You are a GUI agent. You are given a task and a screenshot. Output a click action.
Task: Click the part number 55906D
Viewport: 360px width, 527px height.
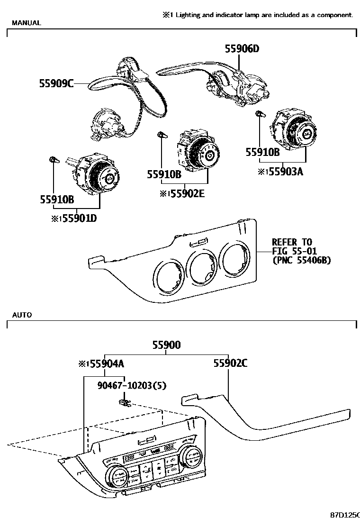242,49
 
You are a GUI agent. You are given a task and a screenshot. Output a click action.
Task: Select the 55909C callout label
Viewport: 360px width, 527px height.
56,84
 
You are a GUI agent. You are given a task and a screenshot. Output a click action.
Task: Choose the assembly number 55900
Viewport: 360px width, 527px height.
166,345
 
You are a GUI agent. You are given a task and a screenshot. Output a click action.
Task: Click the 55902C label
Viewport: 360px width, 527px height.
230,363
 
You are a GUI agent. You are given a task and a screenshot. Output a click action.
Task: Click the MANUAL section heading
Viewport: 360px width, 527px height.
26,23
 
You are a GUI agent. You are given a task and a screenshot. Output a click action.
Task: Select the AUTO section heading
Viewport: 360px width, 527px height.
22,315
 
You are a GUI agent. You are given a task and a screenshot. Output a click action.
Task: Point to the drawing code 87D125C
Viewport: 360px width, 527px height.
344,514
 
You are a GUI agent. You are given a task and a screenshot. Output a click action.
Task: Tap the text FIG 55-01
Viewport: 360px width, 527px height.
294,251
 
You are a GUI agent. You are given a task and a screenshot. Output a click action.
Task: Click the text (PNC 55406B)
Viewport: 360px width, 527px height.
301,260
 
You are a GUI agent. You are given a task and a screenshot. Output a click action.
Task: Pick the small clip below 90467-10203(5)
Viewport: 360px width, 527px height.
125,403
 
